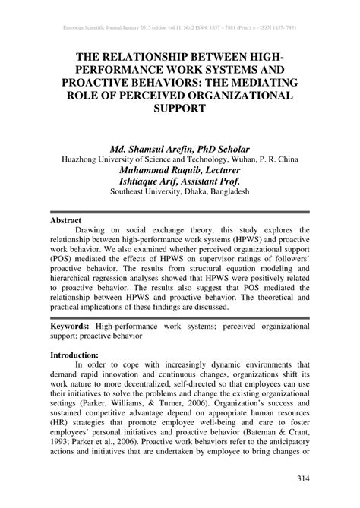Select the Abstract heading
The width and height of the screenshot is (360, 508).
[66, 220]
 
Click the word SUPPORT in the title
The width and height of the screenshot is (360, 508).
[180, 109]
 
